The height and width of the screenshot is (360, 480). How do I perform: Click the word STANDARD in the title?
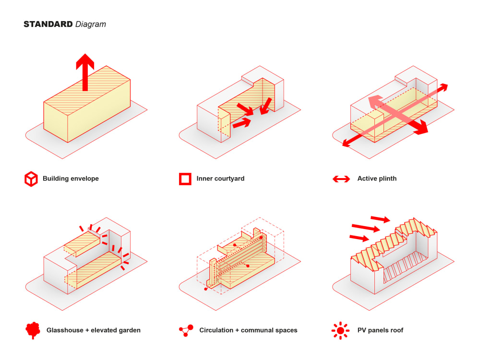click(48, 24)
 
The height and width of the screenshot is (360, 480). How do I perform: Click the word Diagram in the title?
click(91, 24)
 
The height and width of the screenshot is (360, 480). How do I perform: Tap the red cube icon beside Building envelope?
click(31, 179)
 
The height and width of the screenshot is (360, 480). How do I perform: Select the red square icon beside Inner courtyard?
click(185, 179)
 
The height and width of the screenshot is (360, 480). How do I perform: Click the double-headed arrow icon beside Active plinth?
click(341, 179)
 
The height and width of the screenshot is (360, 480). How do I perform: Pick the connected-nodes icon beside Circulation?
click(186, 330)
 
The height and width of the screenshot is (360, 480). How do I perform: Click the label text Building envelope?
click(71, 179)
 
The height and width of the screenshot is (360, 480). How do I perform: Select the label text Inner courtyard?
click(220, 179)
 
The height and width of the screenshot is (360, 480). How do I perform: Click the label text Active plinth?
click(377, 179)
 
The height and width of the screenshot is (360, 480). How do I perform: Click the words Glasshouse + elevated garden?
click(93, 330)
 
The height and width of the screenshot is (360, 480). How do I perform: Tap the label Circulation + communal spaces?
click(248, 330)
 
